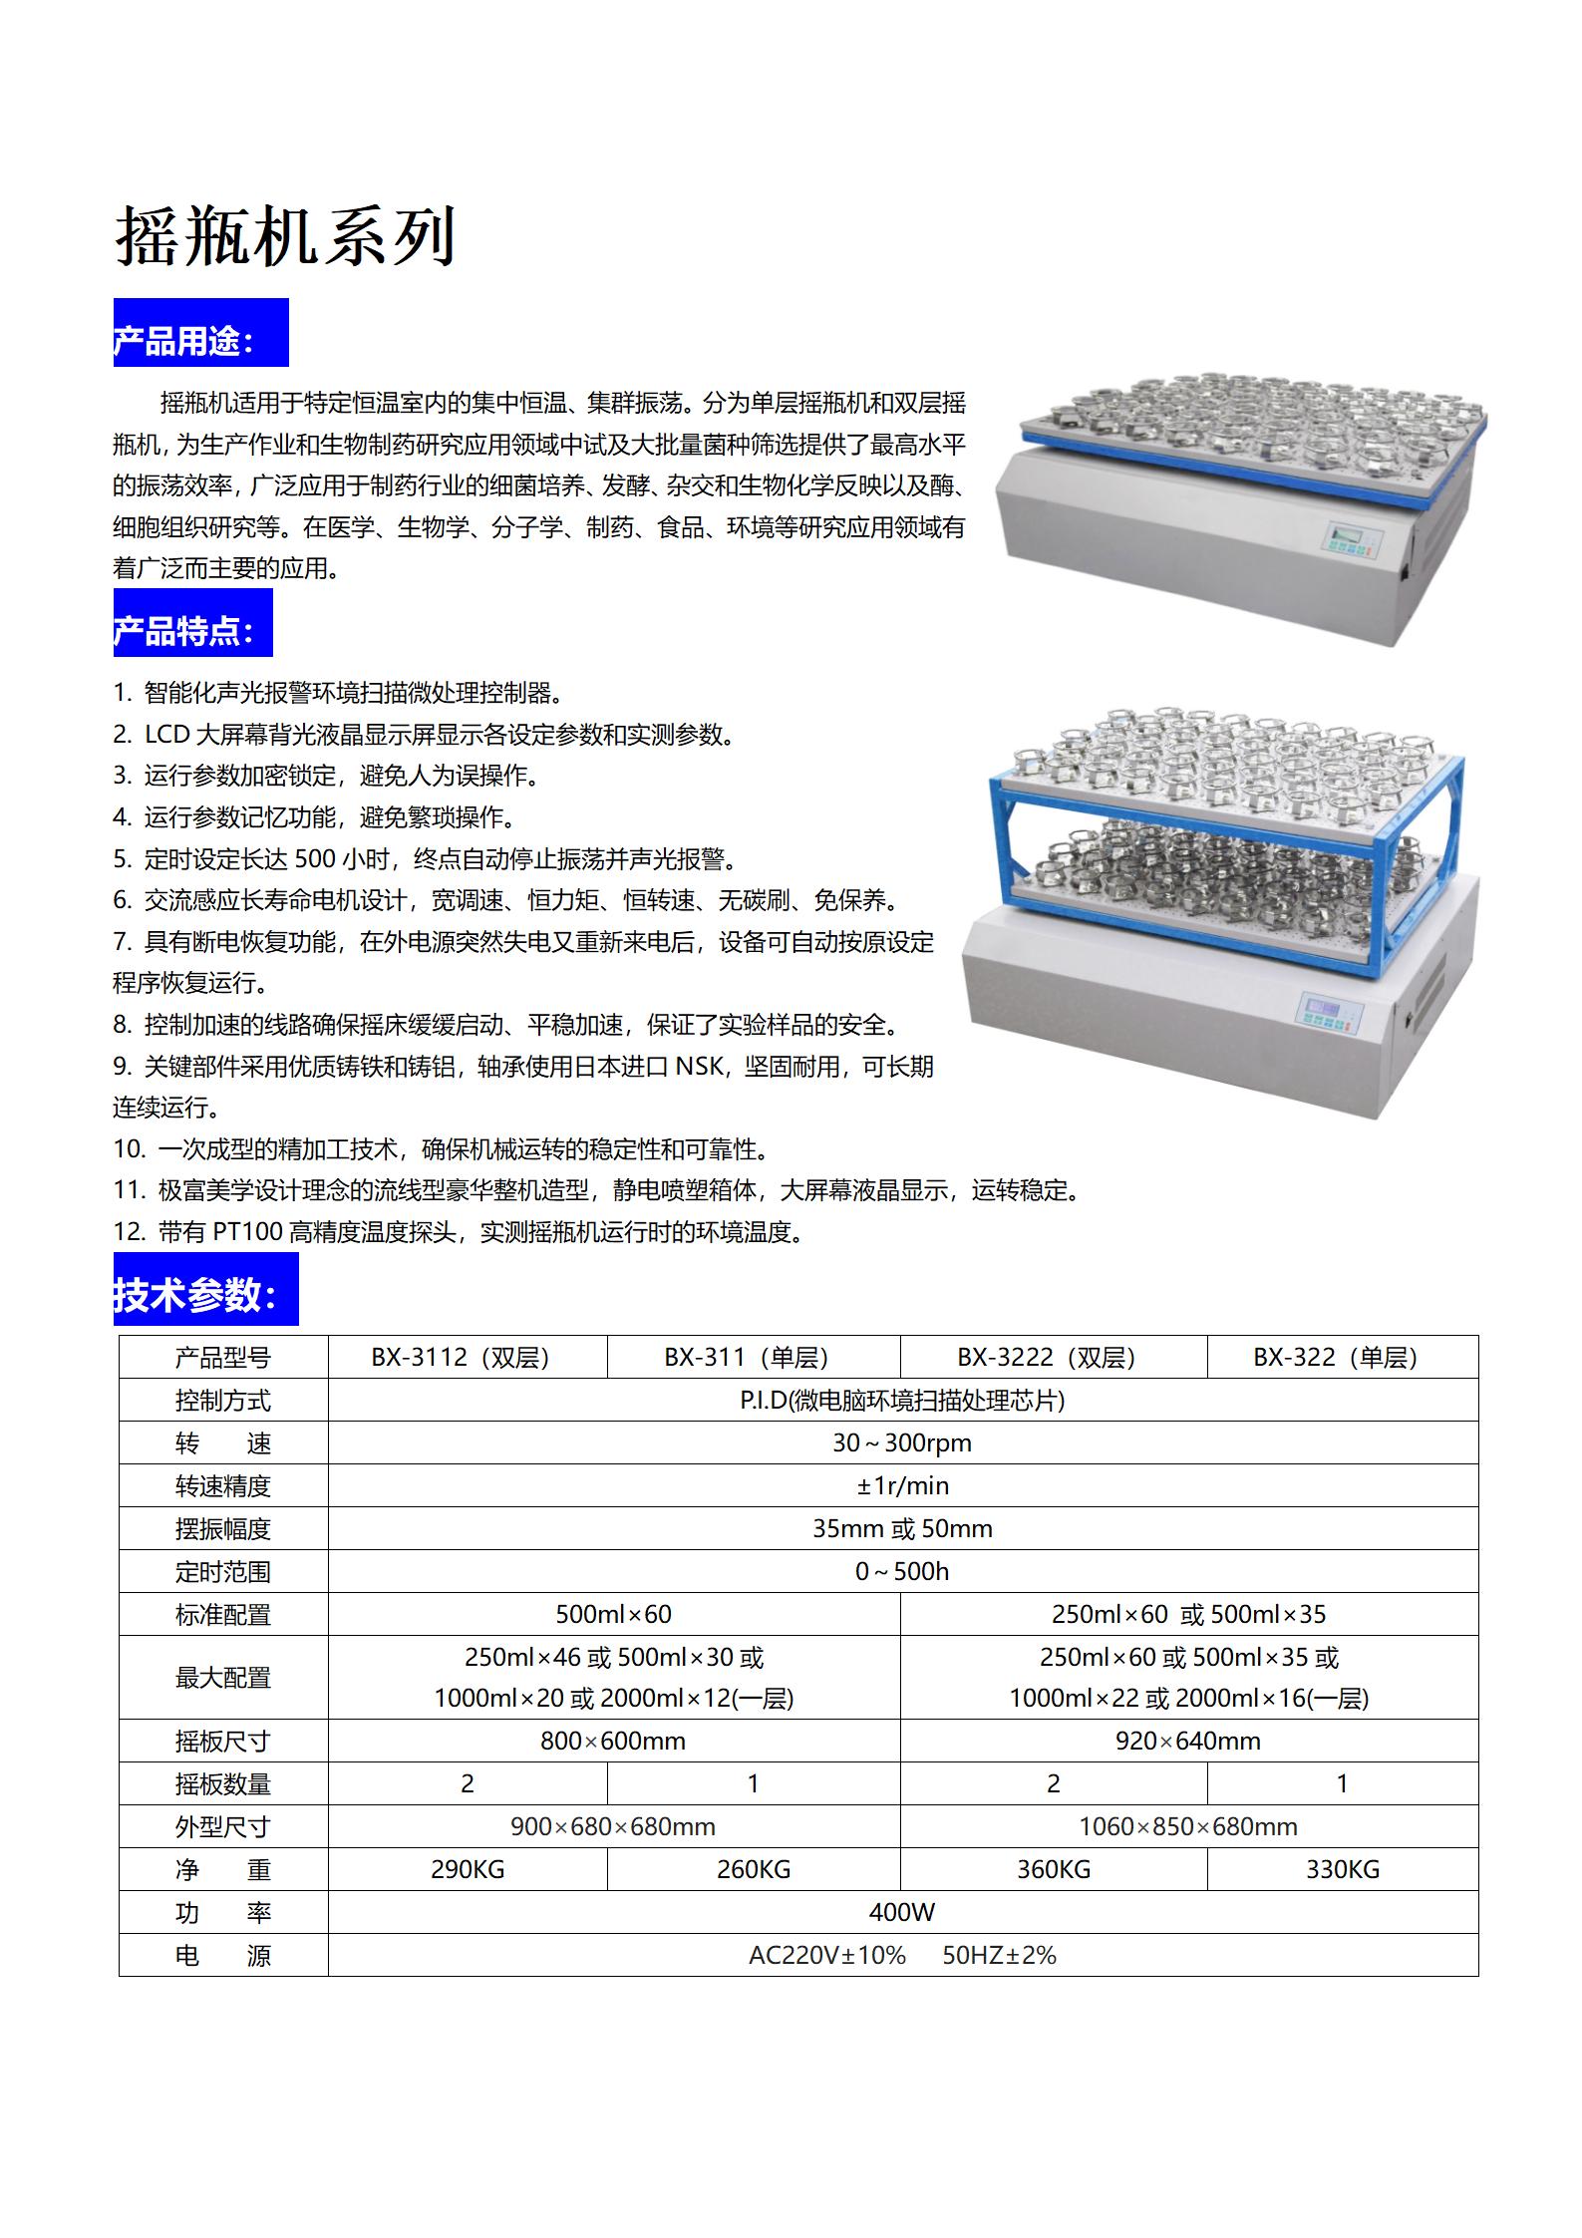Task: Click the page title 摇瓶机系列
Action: point(285,236)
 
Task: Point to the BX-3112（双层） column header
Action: point(461,1357)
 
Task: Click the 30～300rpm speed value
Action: point(901,1442)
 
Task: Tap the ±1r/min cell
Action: point(901,1485)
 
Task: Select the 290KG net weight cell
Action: point(467,1870)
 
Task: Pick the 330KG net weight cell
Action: point(1342,1870)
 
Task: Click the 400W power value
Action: point(901,1912)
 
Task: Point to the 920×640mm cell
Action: point(1187,1742)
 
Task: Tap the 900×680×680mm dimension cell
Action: point(612,1827)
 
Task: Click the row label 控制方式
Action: point(222,1401)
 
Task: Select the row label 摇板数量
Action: point(222,1784)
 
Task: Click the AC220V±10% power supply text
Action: point(826,1955)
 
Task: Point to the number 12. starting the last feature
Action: point(130,1232)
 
